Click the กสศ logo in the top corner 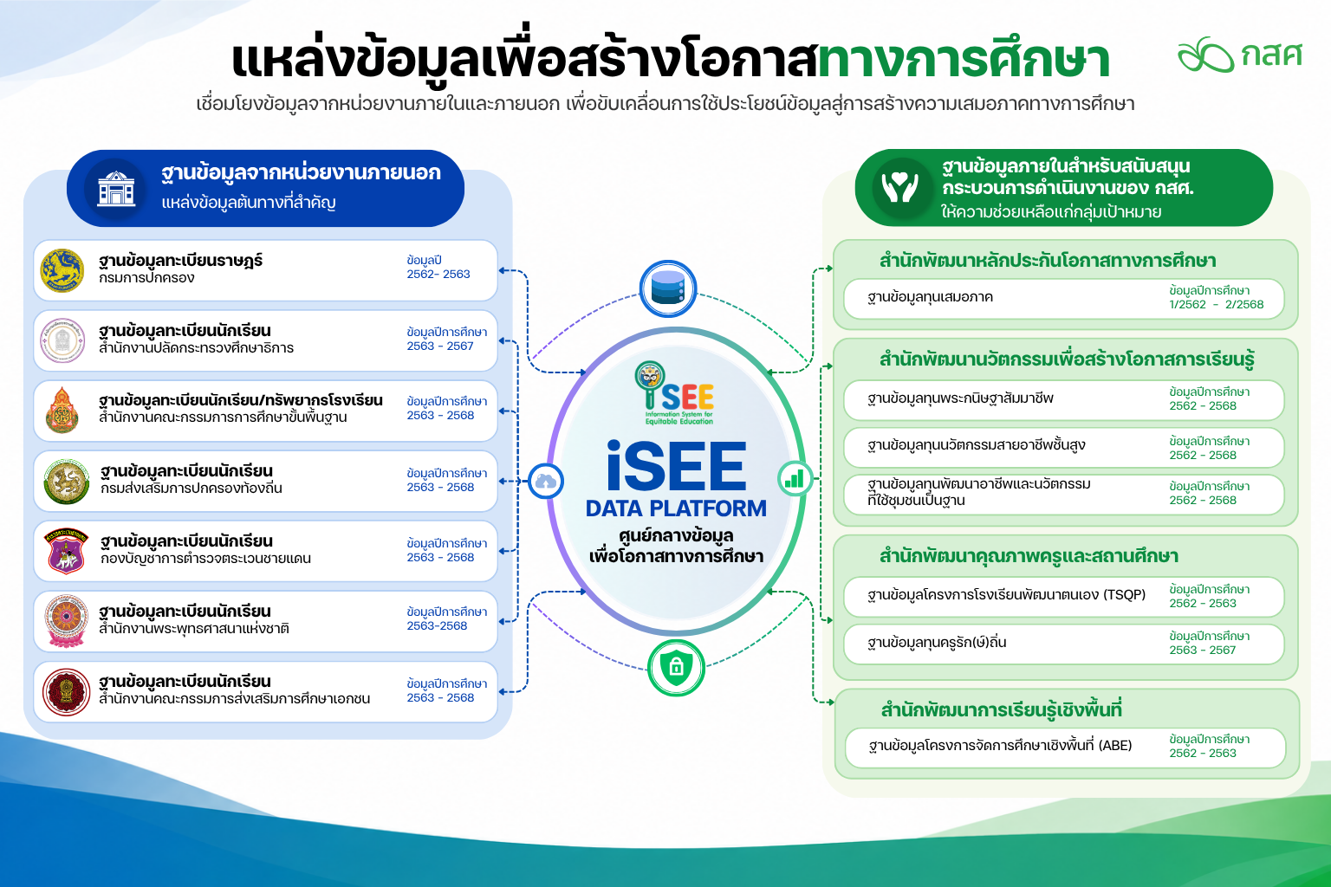[1239, 55]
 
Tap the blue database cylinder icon [668, 288]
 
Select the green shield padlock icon [676, 668]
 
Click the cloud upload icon [545, 481]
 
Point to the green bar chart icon [795, 478]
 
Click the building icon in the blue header [116, 188]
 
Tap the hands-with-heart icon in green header [900, 187]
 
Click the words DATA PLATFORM [676, 508]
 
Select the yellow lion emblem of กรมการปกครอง [62, 270]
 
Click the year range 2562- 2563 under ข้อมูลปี [438, 274]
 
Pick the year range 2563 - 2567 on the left [439, 346]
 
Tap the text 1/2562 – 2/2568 [1216, 304]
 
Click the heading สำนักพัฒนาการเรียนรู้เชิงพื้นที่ [1001, 710]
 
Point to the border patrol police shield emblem [66, 551]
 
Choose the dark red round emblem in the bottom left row [65, 692]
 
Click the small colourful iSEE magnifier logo [674, 392]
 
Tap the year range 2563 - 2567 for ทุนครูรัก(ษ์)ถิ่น [1202, 650]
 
